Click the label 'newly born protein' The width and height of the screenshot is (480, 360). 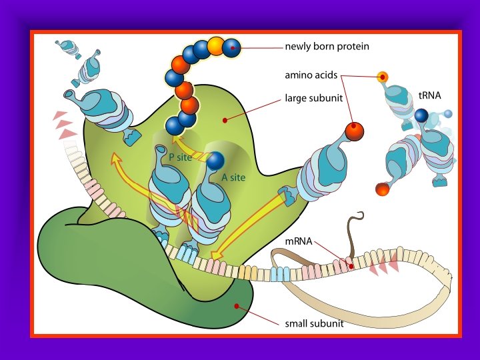point(327,47)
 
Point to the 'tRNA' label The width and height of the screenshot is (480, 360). point(430,95)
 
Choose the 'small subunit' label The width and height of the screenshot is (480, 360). point(314,324)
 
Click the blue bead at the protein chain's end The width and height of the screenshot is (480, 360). point(231,47)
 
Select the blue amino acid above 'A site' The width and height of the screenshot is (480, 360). point(215,161)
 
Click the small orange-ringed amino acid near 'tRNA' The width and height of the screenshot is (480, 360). point(382,76)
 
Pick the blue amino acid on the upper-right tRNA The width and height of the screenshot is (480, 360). point(421,116)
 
